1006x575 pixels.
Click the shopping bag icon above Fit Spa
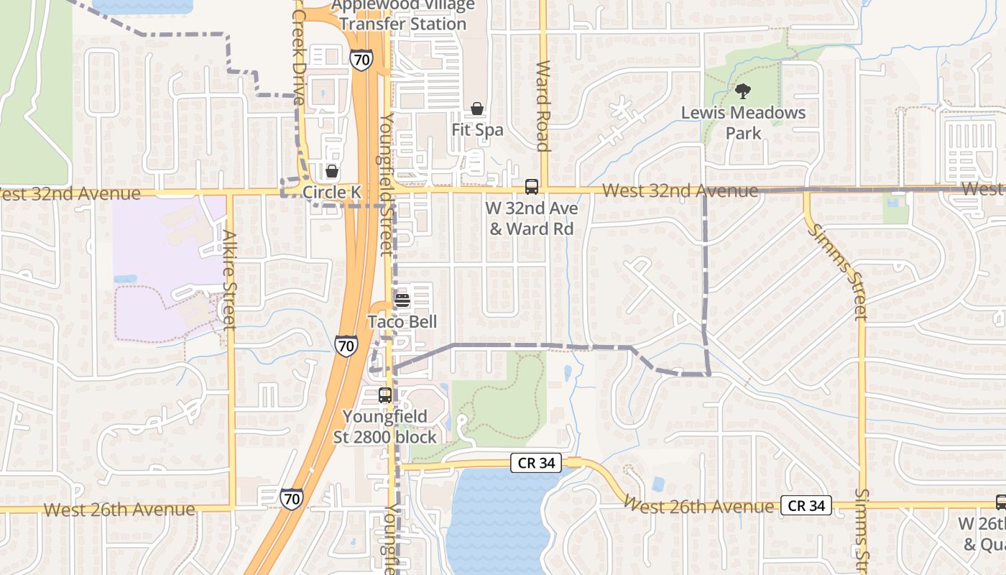pyautogui.click(x=476, y=109)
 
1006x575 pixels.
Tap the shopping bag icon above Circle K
pyautogui.click(x=331, y=171)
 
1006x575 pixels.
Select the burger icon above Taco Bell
pyautogui.click(x=402, y=300)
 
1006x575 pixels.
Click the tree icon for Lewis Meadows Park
pyautogui.click(x=743, y=91)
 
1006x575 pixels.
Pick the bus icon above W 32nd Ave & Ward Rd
pyautogui.click(x=532, y=187)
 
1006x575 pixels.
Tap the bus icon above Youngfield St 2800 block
pyautogui.click(x=385, y=395)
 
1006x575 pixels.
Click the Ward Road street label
pyautogui.click(x=543, y=106)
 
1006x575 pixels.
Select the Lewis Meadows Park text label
pyautogui.click(x=743, y=122)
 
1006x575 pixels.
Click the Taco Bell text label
pyautogui.click(x=402, y=321)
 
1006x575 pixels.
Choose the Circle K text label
pyautogui.click(x=331, y=192)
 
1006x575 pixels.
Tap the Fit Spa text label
pyautogui.click(x=477, y=130)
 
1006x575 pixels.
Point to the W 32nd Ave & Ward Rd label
pyautogui.click(x=532, y=218)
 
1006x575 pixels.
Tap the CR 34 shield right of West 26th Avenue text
pyautogui.click(x=806, y=505)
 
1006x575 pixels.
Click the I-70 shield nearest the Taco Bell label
pyautogui.click(x=346, y=346)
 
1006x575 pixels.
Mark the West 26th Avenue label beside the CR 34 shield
pyautogui.click(x=698, y=505)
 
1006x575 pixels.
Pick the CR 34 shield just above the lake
pyautogui.click(x=536, y=463)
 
